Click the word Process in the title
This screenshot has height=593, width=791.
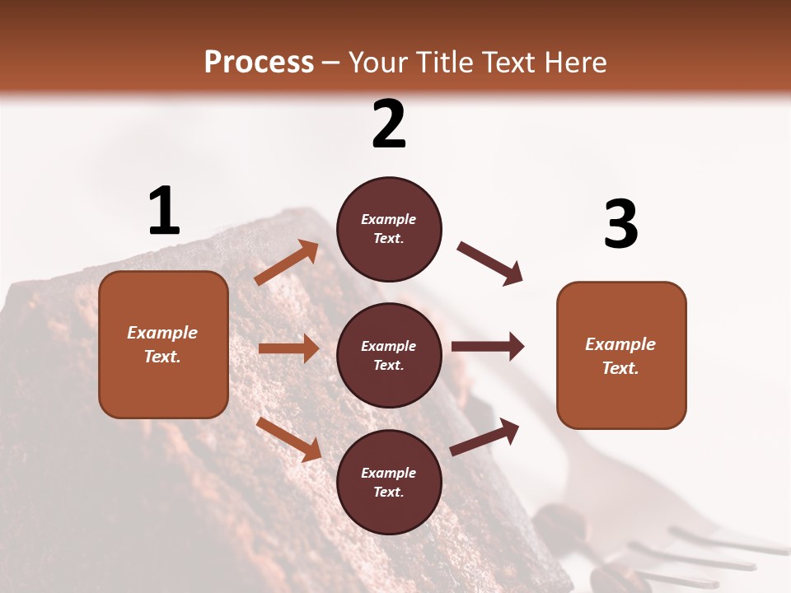tap(259, 62)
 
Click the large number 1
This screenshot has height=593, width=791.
tap(164, 212)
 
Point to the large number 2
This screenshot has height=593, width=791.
tap(389, 124)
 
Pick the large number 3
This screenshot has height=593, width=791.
tap(620, 225)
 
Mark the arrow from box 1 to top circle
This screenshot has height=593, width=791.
tap(287, 263)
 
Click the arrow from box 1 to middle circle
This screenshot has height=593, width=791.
tap(288, 348)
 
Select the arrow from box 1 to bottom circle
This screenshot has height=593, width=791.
tap(289, 439)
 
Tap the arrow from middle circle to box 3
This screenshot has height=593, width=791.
tap(488, 347)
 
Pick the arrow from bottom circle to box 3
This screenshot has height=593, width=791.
tap(484, 437)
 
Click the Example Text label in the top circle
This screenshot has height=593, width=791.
tap(389, 229)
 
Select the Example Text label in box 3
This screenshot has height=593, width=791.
tap(620, 356)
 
